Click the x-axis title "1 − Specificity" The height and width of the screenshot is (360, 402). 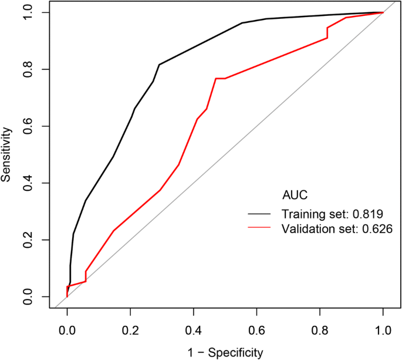[225, 352]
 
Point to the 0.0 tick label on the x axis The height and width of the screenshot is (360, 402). [67, 330]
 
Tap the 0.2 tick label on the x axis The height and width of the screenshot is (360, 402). [130, 330]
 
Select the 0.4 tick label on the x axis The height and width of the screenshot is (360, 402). [193, 330]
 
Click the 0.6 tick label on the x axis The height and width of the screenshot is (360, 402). [256, 330]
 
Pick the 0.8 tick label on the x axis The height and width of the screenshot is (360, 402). [319, 330]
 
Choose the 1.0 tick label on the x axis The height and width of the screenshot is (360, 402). [383, 330]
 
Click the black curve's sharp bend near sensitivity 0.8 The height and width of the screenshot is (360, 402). [159, 65]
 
